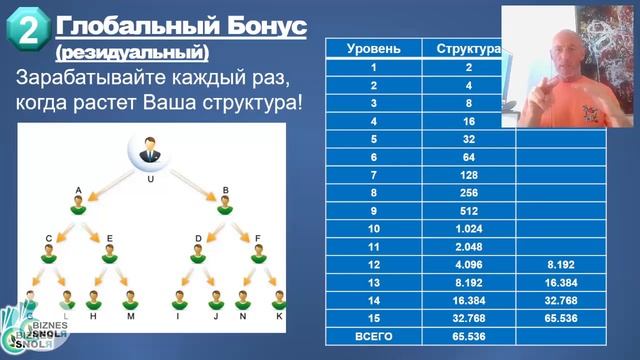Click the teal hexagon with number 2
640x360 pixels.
click(x=29, y=30)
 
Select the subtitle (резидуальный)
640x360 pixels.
click(x=132, y=51)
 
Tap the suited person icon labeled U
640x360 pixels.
click(x=151, y=154)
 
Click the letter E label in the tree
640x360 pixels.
click(x=109, y=238)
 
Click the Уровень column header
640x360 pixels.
click(x=374, y=48)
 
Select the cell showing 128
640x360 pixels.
click(x=468, y=175)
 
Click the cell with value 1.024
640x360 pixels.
click(x=468, y=229)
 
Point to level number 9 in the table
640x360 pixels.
click(x=374, y=211)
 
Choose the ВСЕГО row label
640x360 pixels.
click(x=374, y=337)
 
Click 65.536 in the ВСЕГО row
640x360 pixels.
click(x=468, y=337)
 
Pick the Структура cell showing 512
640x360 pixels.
click(x=468, y=211)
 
